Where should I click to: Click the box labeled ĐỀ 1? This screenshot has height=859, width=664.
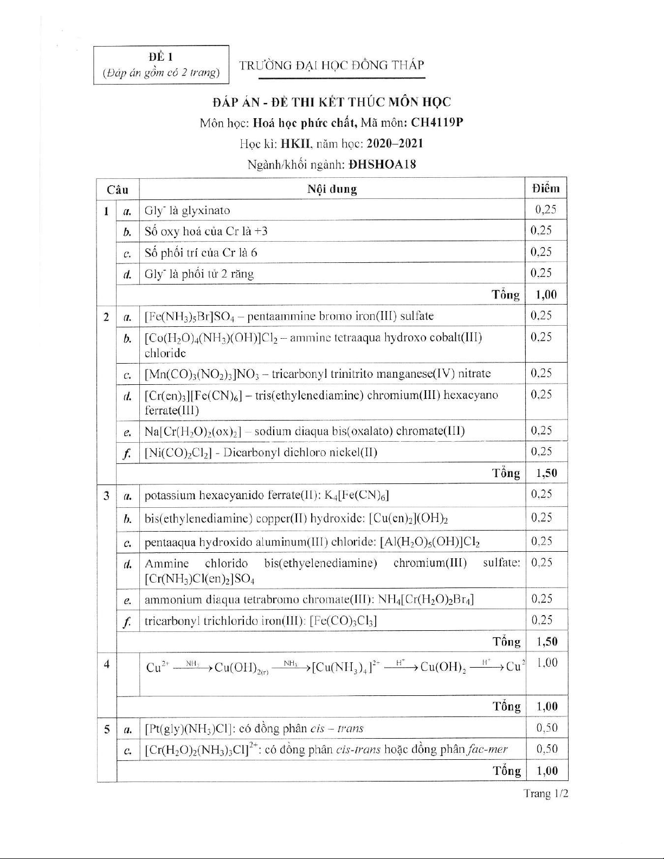tap(161, 64)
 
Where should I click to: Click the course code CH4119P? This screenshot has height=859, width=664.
tap(437, 122)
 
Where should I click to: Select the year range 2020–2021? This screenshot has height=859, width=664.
tap(395, 144)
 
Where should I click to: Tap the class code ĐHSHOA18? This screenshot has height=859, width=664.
tap(382, 165)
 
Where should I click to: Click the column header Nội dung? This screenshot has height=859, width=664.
tap(332, 189)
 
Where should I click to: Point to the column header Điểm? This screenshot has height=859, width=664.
tap(545, 188)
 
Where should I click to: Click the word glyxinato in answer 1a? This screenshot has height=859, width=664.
tap(205, 210)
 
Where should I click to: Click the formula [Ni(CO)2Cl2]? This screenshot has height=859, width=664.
tap(177, 453)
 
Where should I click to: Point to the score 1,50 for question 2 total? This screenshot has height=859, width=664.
tap(546, 473)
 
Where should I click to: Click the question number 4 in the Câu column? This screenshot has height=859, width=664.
tap(106, 663)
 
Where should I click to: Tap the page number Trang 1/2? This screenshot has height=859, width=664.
tap(546, 793)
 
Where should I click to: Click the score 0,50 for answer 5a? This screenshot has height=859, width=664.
tap(546, 728)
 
